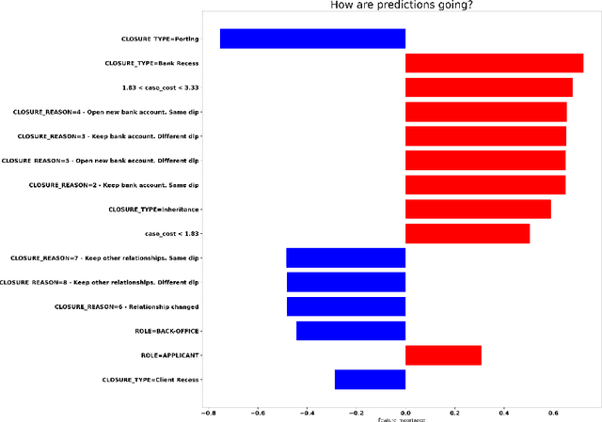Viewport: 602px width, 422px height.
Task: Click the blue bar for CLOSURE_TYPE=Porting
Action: tap(312, 39)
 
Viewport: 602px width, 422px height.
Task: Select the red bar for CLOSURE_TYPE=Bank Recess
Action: tap(494, 63)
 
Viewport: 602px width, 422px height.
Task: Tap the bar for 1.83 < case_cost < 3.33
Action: tap(488, 87)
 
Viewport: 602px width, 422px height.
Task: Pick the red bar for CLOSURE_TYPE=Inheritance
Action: tap(478, 209)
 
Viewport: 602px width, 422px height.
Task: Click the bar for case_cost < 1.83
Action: tap(467, 233)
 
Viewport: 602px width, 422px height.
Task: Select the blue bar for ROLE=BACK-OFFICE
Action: tap(351, 331)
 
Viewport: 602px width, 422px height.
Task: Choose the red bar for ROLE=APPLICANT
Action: tap(443, 355)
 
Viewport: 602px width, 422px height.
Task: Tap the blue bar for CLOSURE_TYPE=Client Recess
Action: tap(370, 380)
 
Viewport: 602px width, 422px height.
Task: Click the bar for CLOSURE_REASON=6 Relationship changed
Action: tap(346, 306)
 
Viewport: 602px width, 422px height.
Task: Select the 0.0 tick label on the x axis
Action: tap(405, 412)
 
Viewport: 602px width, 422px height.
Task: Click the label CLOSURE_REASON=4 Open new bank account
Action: tap(106, 112)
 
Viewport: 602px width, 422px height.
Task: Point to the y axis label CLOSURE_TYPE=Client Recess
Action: tap(151, 380)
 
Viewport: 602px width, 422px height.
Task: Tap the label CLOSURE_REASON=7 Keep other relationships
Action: tap(104, 258)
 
